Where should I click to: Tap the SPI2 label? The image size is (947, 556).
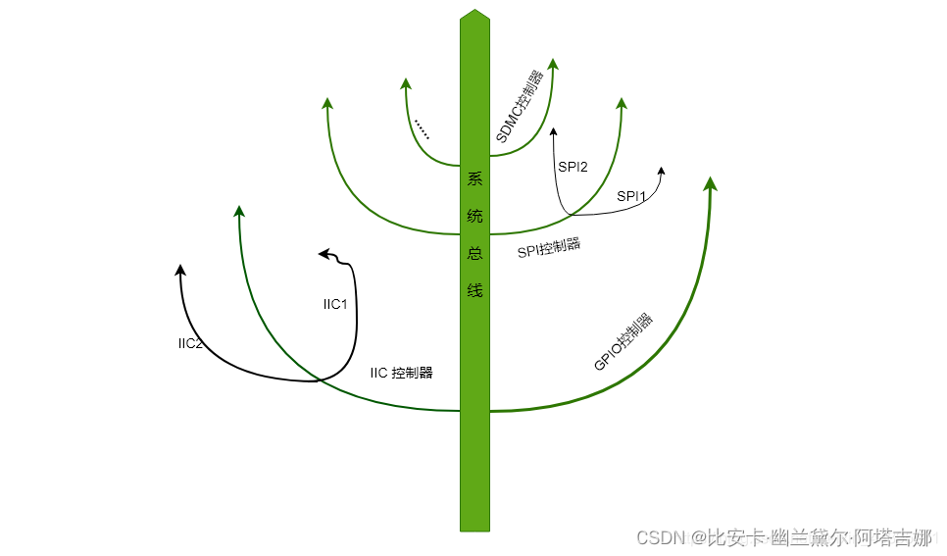573,166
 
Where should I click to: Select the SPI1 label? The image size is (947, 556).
631,196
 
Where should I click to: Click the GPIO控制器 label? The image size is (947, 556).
624,342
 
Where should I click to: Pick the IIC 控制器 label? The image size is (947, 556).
401,373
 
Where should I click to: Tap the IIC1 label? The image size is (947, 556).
335,304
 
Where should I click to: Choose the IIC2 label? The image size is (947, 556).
190,343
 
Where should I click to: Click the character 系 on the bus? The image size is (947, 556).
474,179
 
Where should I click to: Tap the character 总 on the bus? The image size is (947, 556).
474,253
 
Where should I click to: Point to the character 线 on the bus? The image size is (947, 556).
474,290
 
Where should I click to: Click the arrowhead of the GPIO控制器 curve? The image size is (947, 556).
711,183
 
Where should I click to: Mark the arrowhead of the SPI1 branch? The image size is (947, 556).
662,173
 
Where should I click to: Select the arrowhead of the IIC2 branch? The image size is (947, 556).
179,270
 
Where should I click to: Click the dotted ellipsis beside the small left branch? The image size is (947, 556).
422,128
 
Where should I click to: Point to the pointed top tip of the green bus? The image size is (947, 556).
474,13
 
